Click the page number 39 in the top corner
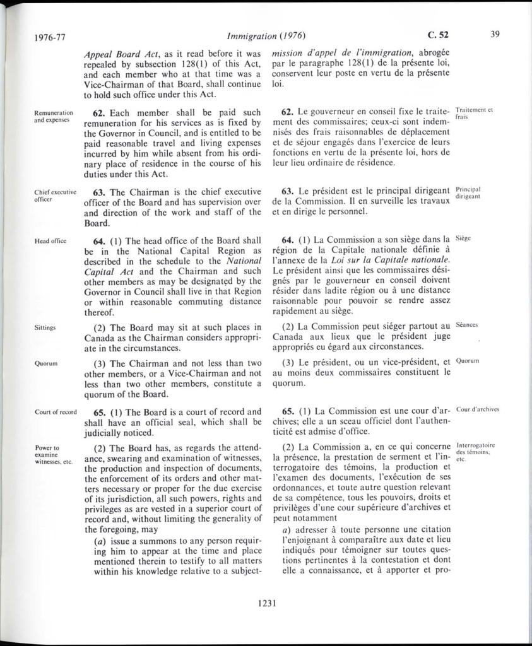click(494, 34)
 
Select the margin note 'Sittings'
click(46, 328)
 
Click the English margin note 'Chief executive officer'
click(56, 195)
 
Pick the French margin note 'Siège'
click(464, 238)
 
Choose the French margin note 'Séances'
click(467, 325)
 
